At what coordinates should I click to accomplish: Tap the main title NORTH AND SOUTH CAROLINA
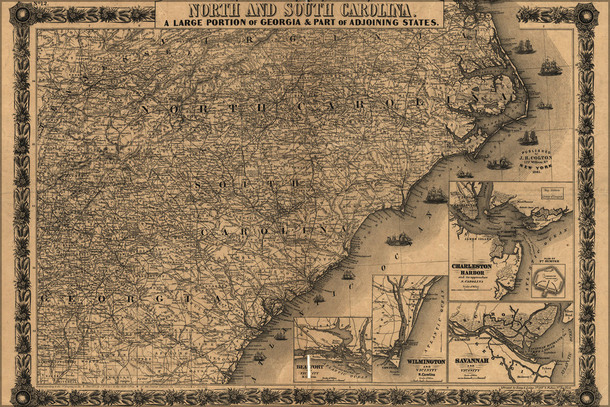[299, 9]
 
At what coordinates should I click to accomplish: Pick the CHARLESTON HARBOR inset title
[472, 269]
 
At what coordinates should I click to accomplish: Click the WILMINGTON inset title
[426, 361]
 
